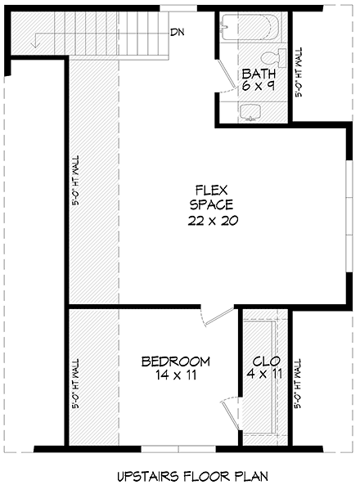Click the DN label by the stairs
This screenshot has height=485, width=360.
[x=177, y=33]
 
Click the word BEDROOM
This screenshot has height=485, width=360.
[x=175, y=361]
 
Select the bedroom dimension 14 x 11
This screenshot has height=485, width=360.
[x=175, y=376]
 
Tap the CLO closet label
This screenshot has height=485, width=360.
[x=266, y=361]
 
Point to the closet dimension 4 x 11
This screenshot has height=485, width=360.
[x=266, y=376]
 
